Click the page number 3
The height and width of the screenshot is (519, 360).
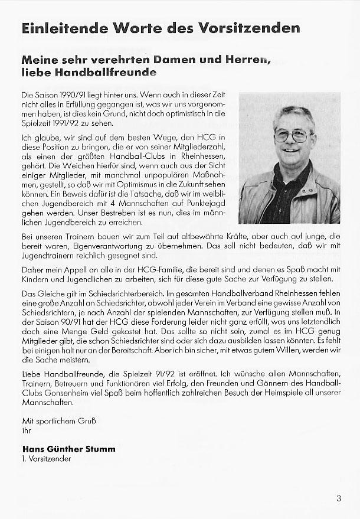tap(339, 498)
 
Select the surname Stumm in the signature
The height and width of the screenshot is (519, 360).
tap(99, 449)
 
